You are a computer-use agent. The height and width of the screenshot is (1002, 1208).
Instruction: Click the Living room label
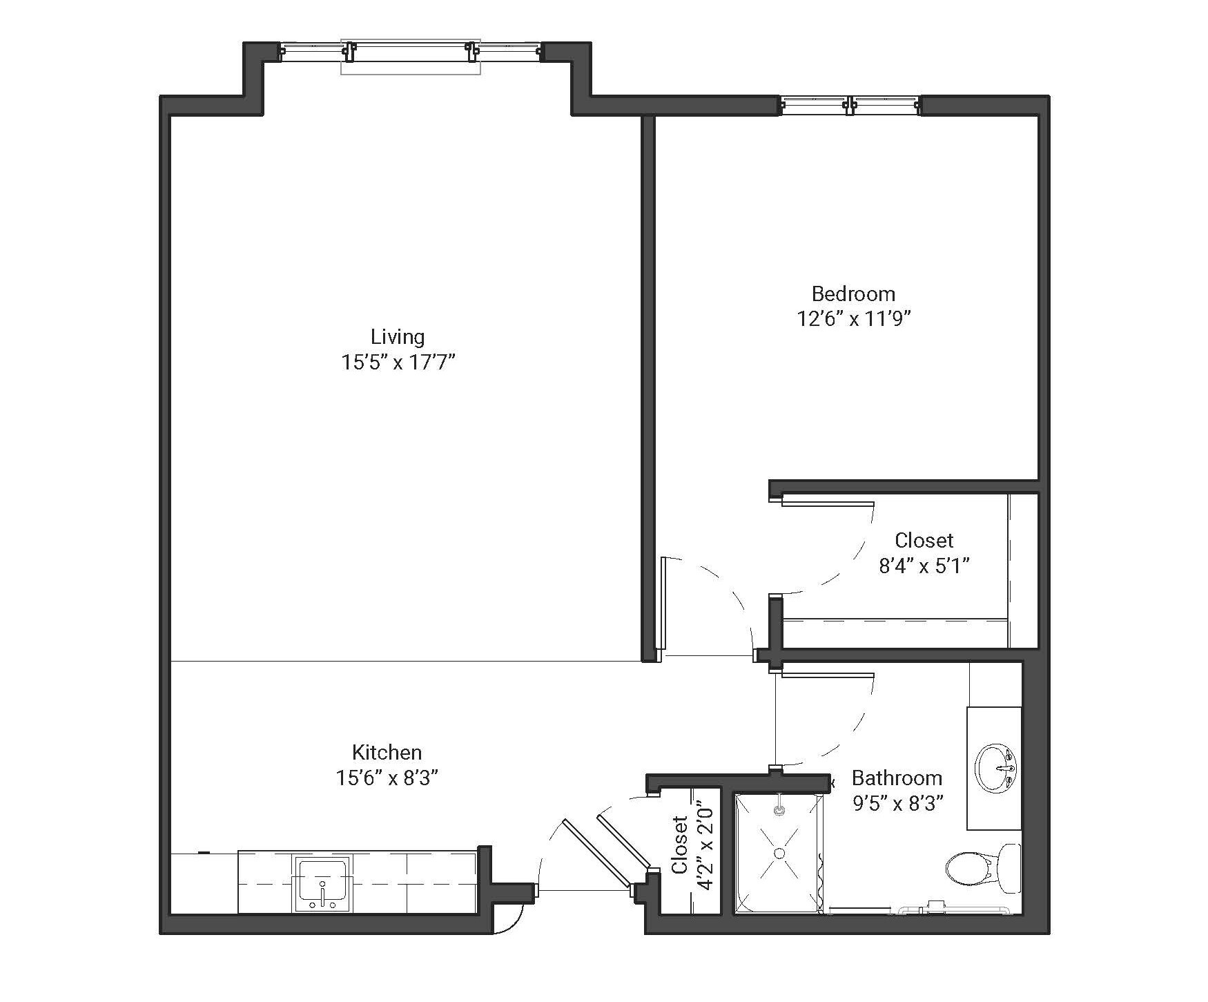tap(397, 337)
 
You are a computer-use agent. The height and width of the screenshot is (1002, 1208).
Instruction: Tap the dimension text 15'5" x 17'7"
tap(398, 363)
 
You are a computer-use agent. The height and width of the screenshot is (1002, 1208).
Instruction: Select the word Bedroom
tap(853, 294)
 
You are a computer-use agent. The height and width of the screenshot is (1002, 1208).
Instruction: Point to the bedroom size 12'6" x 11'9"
tap(854, 319)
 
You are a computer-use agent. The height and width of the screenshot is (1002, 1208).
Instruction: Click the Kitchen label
tap(387, 752)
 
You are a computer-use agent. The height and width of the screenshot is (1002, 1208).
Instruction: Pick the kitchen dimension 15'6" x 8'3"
tap(387, 778)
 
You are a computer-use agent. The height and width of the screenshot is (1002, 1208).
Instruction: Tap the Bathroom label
tap(897, 778)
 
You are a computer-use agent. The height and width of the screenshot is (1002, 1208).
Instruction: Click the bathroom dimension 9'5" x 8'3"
tap(897, 804)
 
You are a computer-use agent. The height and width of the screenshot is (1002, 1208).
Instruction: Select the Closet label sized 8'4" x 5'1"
tap(924, 540)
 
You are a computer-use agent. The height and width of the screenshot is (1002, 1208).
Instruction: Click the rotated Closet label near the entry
tap(681, 845)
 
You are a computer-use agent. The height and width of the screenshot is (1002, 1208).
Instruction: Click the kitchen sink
tap(322, 885)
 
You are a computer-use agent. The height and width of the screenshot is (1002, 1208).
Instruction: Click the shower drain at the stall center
tap(779, 854)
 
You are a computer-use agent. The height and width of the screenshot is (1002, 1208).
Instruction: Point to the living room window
tap(411, 52)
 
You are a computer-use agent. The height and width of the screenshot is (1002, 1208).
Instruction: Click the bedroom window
tap(850, 105)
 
